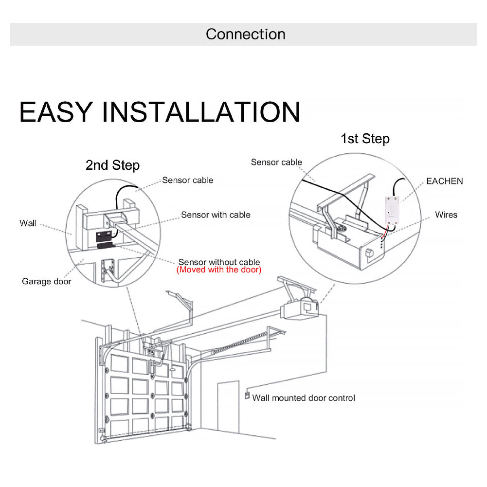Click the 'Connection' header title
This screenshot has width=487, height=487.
(245, 34)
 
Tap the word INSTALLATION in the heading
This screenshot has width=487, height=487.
(201, 112)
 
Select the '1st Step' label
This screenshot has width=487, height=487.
(365, 139)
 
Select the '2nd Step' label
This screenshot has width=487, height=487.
(112, 165)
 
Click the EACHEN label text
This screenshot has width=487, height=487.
(444, 181)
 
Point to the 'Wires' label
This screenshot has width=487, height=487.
(446, 215)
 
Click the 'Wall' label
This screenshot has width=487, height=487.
(28, 223)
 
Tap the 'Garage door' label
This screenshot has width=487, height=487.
(46, 281)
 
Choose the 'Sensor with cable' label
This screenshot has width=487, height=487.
(216, 215)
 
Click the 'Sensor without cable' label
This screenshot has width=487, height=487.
(219, 262)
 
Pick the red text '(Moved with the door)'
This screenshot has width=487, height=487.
(219, 270)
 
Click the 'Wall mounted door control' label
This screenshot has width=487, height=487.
(304, 398)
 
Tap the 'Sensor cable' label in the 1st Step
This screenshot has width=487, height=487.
(276, 162)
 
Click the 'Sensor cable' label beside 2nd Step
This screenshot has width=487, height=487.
(188, 180)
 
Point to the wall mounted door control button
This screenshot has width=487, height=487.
(247, 396)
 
